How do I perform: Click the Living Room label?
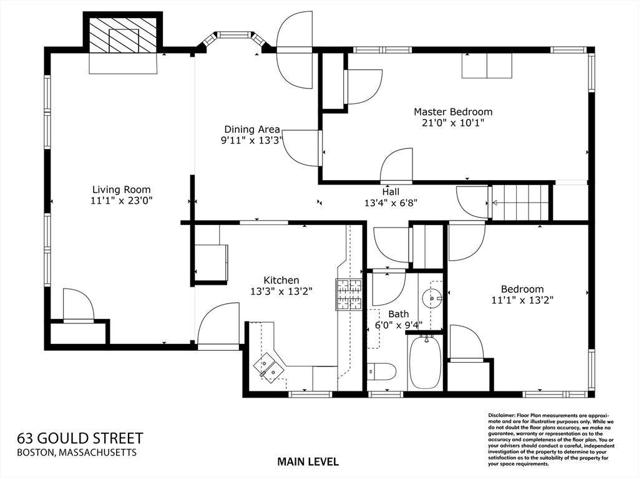tap(122, 189)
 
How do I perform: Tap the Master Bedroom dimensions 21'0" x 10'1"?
tap(453, 123)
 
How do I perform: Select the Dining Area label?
tap(252, 130)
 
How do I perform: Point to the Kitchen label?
tap(281, 280)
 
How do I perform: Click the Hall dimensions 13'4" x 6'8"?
tap(391, 203)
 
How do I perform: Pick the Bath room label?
tap(399, 314)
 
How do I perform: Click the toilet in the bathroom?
tap(381, 371)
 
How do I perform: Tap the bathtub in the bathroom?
tap(425, 362)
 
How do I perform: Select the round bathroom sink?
tap(431, 298)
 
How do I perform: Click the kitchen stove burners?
tap(348, 294)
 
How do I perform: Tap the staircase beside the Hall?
tap(520, 202)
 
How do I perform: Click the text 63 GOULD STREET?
tap(80, 438)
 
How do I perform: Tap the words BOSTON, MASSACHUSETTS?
tap(77, 452)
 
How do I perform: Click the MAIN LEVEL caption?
tap(308, 462)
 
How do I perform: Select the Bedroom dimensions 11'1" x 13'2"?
tap(522, 300)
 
